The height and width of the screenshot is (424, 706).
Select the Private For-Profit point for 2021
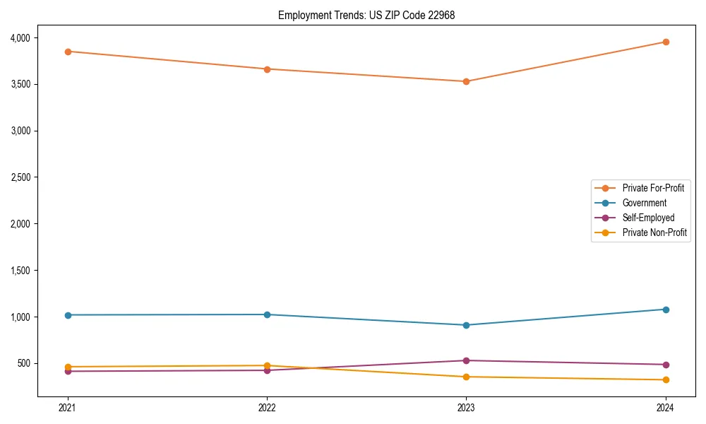(x=68, y=52)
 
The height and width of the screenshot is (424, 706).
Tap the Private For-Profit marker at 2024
(x=665, y=42)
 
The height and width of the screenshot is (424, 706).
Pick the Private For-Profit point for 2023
(x=466, y=81)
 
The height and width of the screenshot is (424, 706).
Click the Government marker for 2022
(x=267, y=314)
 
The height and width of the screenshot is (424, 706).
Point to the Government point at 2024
(x=665, y=310)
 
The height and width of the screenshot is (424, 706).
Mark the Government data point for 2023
(x=466, y=325)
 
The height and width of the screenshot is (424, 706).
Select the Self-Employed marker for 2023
(x=466, y=360)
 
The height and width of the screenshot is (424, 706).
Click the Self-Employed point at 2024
(x=665, y=365)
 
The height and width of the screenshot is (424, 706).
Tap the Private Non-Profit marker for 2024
(x=665, y=380)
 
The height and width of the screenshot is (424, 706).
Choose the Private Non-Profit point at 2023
(x=466, y=377)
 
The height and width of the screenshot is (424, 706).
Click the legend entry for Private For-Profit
(x=652, y=188)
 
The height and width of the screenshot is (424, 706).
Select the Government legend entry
(x=644, y=203)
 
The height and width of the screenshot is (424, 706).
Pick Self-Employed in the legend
(x=648, y=218)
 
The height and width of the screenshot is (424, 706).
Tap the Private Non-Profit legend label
(x=654, y=232)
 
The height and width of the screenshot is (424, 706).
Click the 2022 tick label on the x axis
(x=267, y=407)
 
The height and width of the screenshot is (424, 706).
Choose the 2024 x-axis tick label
(x=665, y=407)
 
